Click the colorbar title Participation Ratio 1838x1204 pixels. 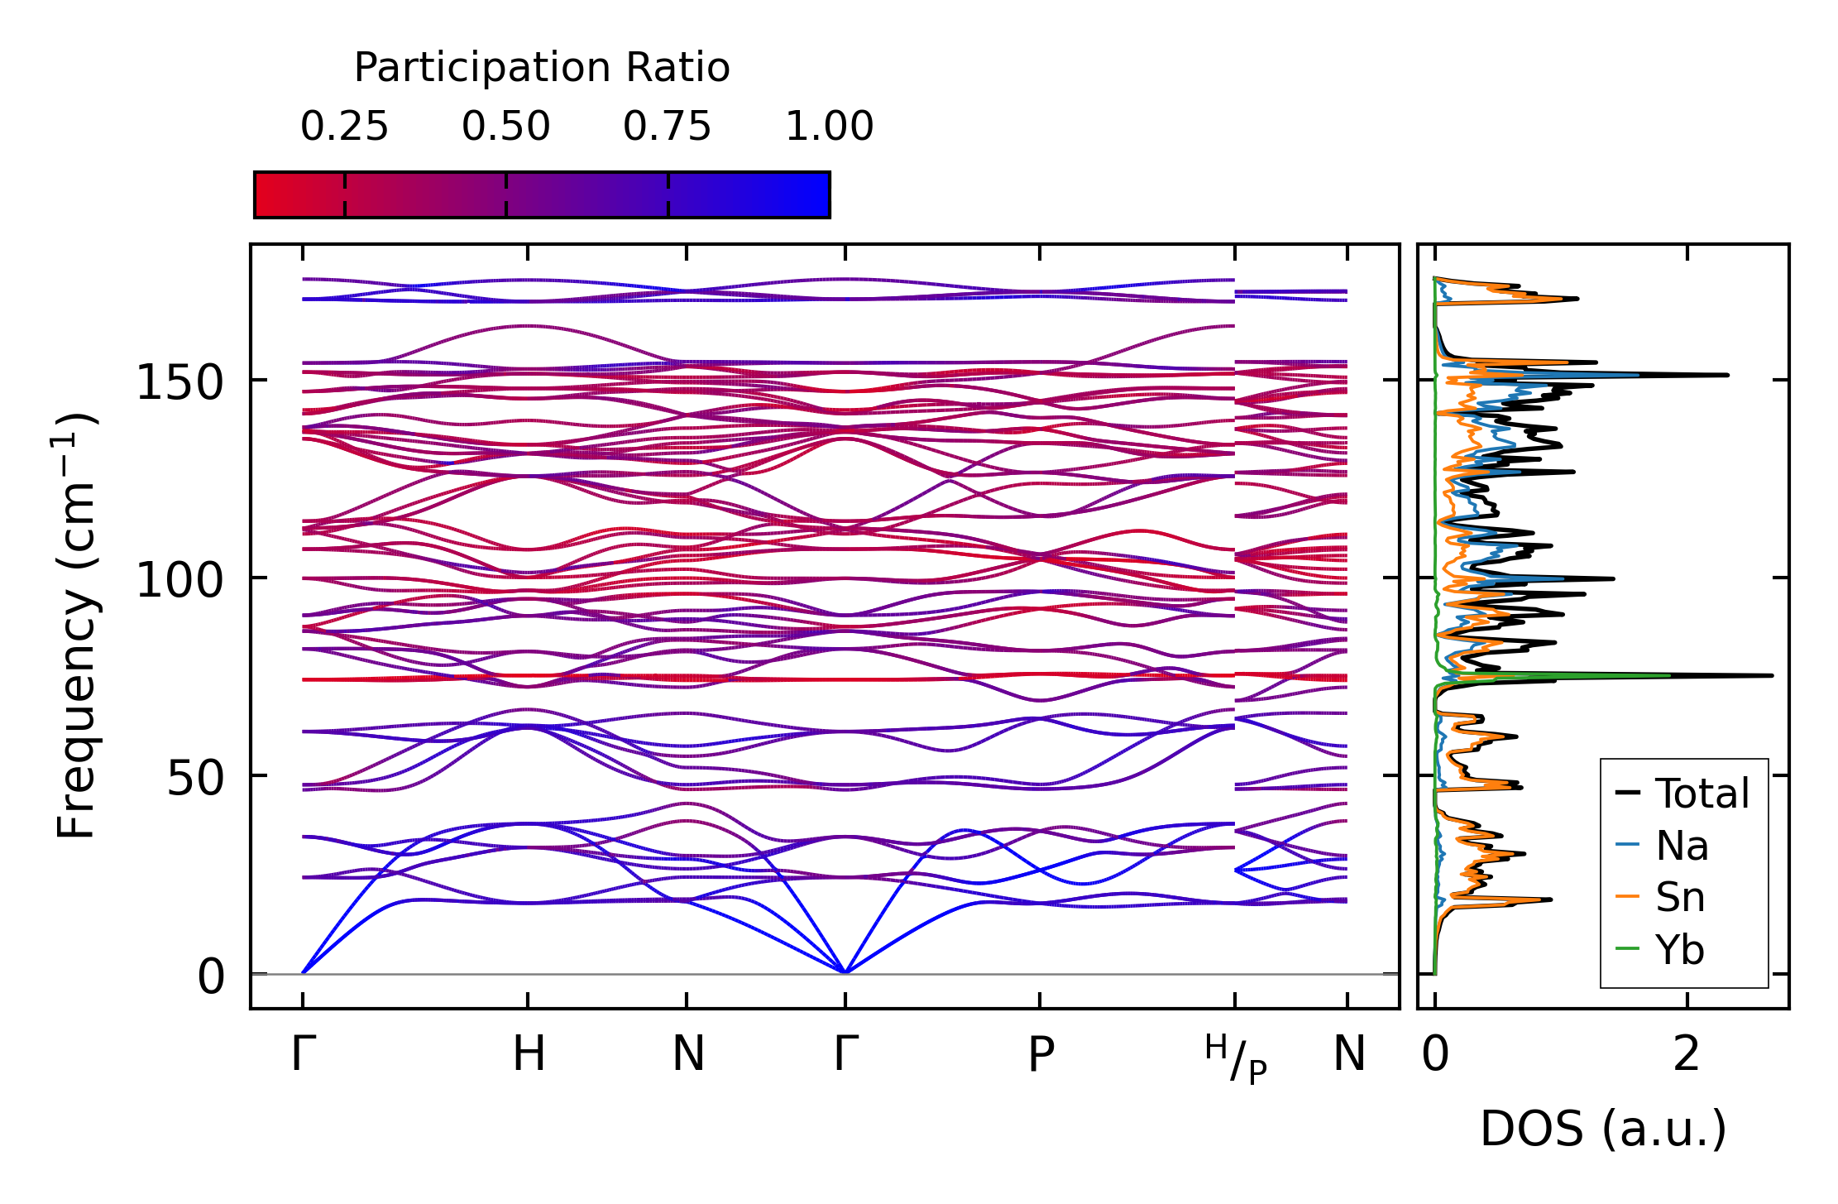tap(542, 68)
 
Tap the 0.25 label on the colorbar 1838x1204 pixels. tap(344, 127)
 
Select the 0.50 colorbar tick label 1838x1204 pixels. tap(505, 127)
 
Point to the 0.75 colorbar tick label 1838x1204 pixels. tap(667, 127)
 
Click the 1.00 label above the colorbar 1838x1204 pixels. tap(829, 127)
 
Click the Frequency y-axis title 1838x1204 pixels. tap(76, 626)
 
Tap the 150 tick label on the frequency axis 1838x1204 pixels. tap(179, 382)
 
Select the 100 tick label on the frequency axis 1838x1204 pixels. tap(179, 579)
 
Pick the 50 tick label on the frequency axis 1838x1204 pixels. tap(195, 777)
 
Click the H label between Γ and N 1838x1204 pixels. tap(529, 1054)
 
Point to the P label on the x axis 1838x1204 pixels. tap(1041, 1054)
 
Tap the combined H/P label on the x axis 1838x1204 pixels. tap(1236, 1058)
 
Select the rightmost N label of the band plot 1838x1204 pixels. tap(1348, 1054)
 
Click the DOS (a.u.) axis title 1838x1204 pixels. tap(1603, 1129)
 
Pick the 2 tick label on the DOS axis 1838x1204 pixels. tap(1687, 1054)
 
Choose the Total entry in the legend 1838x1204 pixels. tap(1682, 793)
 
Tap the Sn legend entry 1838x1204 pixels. tap(1660, 897)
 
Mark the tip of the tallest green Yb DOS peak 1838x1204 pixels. tap(1670, 675)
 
